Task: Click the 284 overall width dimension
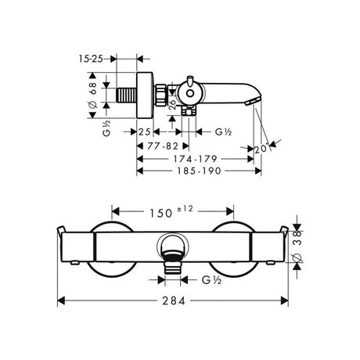pyautogui.click(x=174, y=301)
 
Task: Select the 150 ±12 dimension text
pyautogui.click(x=171, y=212)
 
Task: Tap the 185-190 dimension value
pyautogui.click(x=199, y=171)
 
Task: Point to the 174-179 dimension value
pyautogui.click(x=195, y=159)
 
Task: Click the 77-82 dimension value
pyautogui.click(x=163, y=146)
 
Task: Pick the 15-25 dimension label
pyautogui.click(x=91, y=59)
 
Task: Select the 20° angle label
pyautogui.click(x=261, y=149)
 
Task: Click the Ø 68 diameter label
pyautogui.click(x=93, y=95)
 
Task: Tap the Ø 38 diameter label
pyautogui.click(x=297, y=246)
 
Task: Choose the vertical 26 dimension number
pyautogui.click(x=172, y=105)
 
